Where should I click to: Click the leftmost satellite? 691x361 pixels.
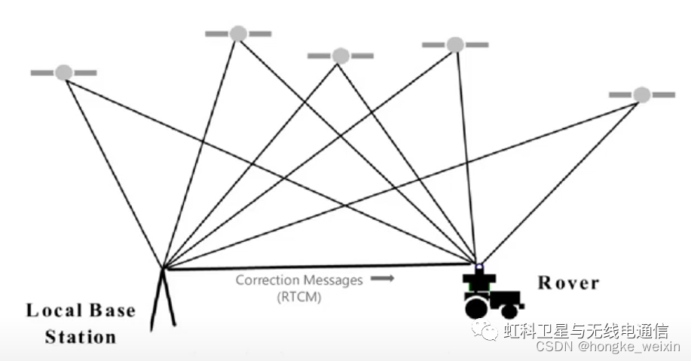click(64, 72)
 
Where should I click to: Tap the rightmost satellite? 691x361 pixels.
click(641, 95)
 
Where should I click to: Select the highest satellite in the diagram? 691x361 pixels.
click(238, 33)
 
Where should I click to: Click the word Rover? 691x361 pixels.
click(568, 283)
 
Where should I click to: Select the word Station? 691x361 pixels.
click(81, 336)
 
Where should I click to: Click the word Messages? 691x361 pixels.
click(335, 280)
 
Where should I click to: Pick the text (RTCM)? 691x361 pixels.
click(299, 297)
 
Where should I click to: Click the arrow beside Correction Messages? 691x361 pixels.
click(383, 279)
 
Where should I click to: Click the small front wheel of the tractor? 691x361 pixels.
click(509, 310)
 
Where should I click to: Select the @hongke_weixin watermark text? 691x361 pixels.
click(629, 347)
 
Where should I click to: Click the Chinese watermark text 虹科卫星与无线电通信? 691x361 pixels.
click(586, 330)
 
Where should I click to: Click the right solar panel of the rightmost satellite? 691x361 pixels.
click(662, 95)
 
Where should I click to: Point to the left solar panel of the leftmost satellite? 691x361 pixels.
click(42, 73)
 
